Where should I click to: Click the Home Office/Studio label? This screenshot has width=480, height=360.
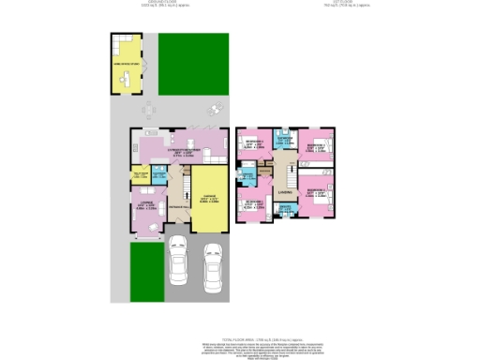coord(127,65)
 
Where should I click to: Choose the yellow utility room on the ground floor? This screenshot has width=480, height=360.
coord(141,175)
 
